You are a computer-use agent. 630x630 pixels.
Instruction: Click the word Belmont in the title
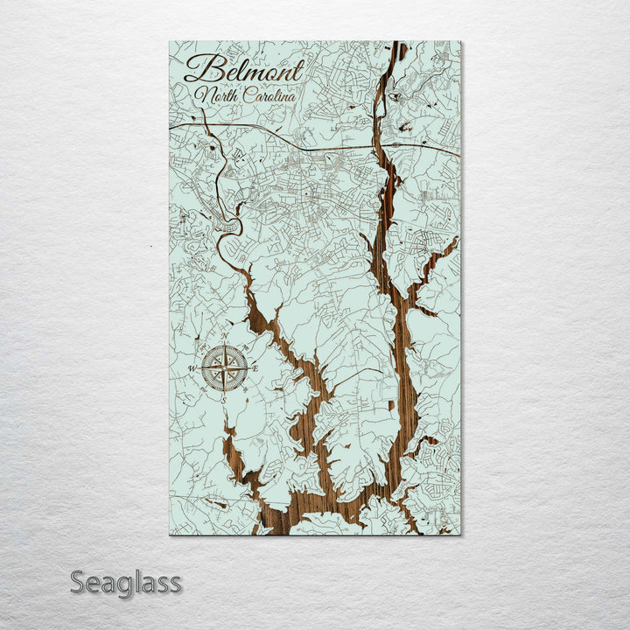click(x=245, y=69)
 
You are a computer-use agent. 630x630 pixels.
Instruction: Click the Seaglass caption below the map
click(x=126, y=582)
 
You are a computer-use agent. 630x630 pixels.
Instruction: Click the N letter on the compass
click(x=224, y=337)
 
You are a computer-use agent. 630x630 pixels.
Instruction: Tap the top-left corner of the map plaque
click(x=169, y=41)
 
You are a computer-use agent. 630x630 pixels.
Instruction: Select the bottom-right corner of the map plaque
click(x=460, y=535)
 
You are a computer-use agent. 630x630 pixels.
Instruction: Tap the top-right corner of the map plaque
click(x=460, y=41)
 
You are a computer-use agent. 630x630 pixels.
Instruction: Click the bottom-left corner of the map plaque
click(x=169, y=535)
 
